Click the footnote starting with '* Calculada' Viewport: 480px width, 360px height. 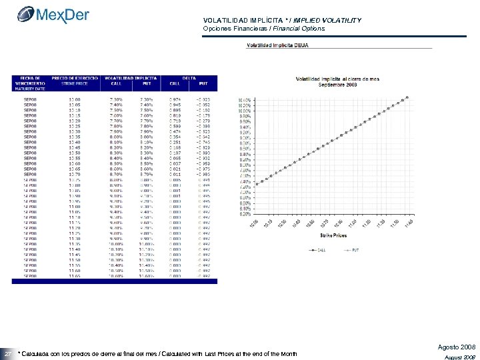(x=157, y=352)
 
